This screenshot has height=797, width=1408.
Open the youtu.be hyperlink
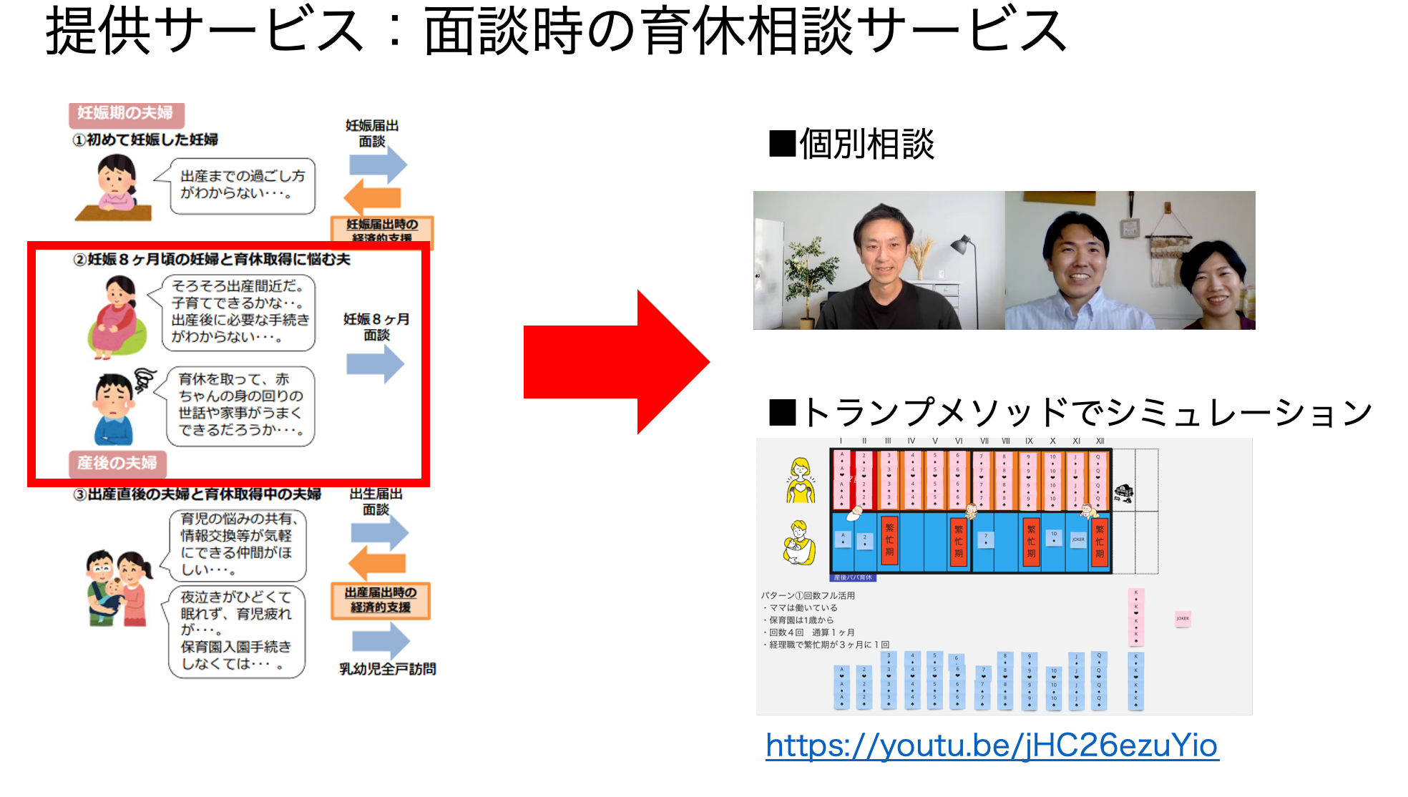tap(992, 745)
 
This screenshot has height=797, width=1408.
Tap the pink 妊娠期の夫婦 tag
tap(126, 113)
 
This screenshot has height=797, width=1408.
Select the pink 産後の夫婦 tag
tap(117, 463)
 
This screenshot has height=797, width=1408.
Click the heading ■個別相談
tap(851, 145)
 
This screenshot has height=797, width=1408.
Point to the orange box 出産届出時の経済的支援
tap(380, 600)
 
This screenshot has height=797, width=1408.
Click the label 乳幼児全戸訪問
tap(387, 669)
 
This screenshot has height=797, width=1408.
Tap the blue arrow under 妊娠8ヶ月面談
tap(376, 363)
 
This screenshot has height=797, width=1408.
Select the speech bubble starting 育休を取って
tap(240, 405)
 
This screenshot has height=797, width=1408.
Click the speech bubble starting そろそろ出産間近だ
tap(239, 312)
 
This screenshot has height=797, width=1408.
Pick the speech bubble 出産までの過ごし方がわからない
tap(243, 185)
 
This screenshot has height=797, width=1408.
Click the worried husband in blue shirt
tap(114, 410)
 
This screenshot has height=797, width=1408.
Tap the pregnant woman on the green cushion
tap(117, 317)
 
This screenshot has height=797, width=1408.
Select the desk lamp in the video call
tap(962, 250)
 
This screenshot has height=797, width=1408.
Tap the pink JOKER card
tap(1183, 618)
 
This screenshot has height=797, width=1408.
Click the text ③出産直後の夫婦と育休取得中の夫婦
tap(197, 494)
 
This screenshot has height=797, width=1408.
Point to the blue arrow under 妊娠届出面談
tap(378, 165)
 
